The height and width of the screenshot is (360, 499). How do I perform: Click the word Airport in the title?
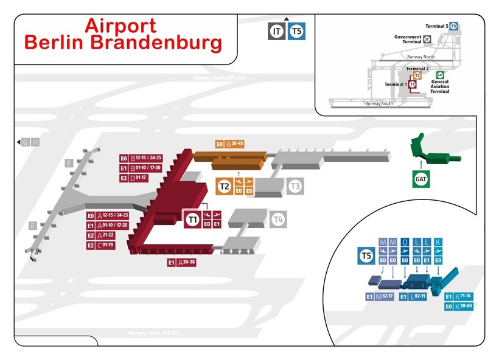pyautogui.click(x=120, y=26)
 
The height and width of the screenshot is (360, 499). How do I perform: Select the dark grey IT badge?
pyautogui.click(x=277, y=31)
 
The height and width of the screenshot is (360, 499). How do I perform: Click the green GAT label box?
pyautogui.click(x=420, y=179)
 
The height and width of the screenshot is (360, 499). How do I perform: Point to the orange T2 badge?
pyautogui.click(x=225, y=186)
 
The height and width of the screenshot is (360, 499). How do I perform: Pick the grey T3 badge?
pyautogui.click(x=295, y=186)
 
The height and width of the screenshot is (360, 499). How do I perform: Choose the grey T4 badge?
pyautogui.click(x=277, y=219)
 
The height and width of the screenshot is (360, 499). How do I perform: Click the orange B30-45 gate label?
pyautogui.click(x=234, y=144)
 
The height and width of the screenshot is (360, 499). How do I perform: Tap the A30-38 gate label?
pyautogui.click(x=186, y=263)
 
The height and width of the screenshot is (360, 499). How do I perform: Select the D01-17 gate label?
pyautogui.click(x=141, y=178)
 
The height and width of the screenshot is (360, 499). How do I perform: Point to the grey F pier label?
pyautogui.click(x=69, y=163)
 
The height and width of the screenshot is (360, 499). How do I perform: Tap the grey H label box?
pyautogui.click(x=35, y=142)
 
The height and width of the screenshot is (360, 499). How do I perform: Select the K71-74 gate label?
pyautogui.click(x=461, y=297)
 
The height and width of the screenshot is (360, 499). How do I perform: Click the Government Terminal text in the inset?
pyautogui.click(x=408, y=40)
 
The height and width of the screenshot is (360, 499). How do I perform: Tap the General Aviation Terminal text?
pyautogui.click(x=439, y=84)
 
